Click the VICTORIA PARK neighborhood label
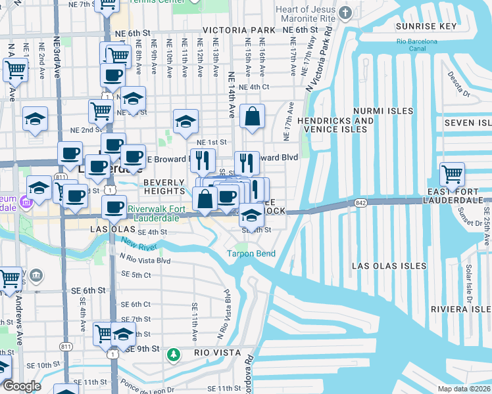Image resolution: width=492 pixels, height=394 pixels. coord(239,31)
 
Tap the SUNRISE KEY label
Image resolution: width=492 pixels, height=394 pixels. coord(426,26)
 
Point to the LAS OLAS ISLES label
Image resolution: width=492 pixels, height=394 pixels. coord(385,266)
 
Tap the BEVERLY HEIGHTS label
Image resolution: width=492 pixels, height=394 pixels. coord(164,186)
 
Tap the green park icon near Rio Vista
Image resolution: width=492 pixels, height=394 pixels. coord(173,355)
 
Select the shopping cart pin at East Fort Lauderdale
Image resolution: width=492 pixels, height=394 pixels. coord(452,175)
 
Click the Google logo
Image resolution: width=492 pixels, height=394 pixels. coord(22,386)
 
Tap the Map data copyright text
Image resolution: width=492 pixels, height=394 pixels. coord(464,389)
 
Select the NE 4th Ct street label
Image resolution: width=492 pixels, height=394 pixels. coord(254,87)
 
